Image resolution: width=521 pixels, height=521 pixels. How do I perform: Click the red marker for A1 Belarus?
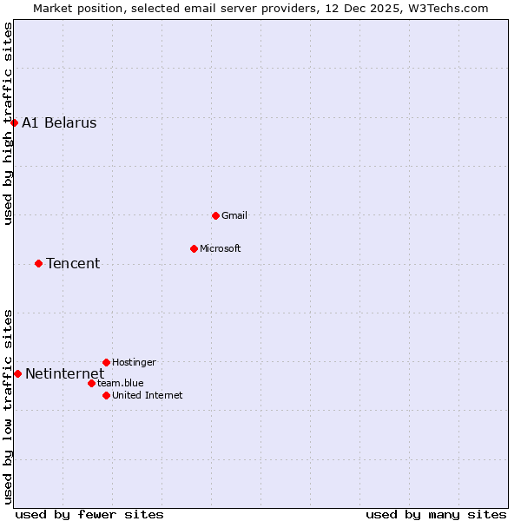14,122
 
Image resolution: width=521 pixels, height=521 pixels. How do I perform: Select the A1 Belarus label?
59,122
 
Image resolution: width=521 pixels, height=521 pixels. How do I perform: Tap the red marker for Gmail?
215,215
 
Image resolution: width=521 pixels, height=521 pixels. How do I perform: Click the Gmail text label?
234,215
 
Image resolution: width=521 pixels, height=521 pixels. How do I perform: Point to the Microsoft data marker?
194,248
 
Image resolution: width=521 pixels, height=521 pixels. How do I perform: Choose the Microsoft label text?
221,248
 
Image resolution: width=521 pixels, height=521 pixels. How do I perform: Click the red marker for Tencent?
38,263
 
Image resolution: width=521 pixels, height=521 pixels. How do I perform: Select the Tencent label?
73,263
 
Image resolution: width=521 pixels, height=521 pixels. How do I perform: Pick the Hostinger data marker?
106,362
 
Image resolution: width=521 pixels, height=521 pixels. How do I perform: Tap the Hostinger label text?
134,362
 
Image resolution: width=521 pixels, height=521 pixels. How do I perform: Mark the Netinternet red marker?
17,373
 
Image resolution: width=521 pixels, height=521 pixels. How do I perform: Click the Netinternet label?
64,374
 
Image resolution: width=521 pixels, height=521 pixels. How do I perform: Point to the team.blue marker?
91,383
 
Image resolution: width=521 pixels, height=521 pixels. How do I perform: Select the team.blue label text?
121,383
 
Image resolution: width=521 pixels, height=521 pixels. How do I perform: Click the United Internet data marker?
106,395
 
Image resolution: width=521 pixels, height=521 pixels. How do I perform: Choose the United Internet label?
148,395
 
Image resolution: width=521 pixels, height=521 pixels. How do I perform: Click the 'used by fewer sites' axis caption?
89,514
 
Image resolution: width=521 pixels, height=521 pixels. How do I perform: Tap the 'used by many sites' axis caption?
436,514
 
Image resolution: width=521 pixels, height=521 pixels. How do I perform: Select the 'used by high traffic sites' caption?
8,123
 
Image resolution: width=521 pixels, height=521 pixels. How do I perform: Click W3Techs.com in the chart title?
447,8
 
